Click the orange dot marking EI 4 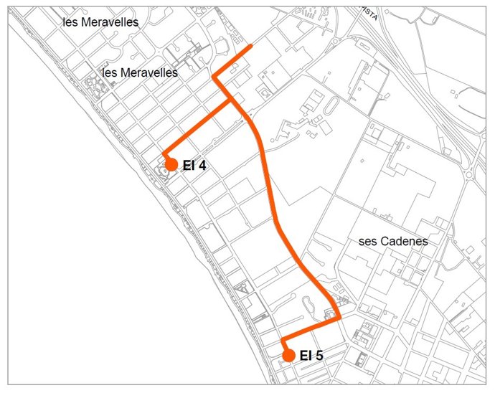pos(171,164)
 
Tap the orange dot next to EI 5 pos(288,355)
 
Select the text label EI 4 pos(194,166)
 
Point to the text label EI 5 pos(311,356)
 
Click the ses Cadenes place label pos(393,242)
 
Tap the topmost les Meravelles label pos(100,22)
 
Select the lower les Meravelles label pos(141,72)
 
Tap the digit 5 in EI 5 pos(320,356)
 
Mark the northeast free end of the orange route pos(250,46)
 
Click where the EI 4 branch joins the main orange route pos(232,100)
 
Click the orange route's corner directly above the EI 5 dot pos(283,339)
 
